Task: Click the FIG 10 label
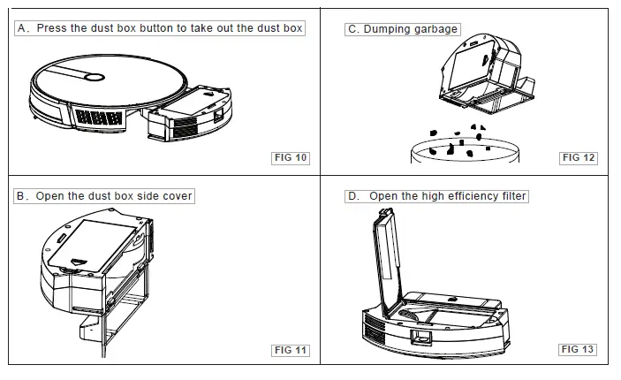(x=291, y=158)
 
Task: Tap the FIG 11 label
(x=291, y=350)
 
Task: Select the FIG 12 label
(x=579, y=158)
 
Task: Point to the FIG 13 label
(x=579, y=349)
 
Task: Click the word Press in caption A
(x=52, y=28)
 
